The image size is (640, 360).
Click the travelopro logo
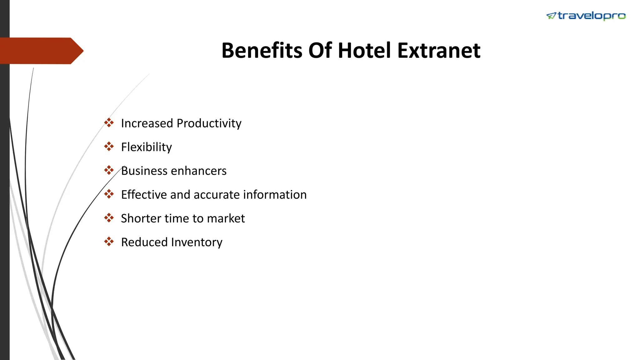click(x=586, y=16)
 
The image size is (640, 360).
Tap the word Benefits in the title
click(x=262, y=51)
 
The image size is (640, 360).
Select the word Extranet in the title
click(x=439, y=51)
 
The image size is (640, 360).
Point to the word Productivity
click(x=209, y=123)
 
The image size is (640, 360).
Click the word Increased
click(x=147, y=123)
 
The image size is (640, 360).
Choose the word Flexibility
click(x=146, y=147)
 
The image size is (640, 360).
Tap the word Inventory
click(x=197, y=242)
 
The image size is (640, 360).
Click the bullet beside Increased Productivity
click(x=109, y=123)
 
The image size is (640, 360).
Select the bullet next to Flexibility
click(x=109, y=147)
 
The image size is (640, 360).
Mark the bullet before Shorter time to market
click(x=109, y=218)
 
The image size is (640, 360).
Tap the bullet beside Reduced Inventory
click(x=109, y=242)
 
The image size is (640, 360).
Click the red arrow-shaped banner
click(x=41, y=51)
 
